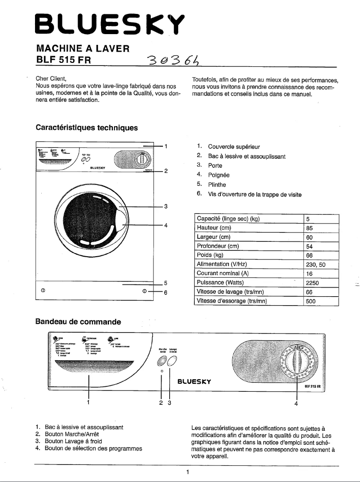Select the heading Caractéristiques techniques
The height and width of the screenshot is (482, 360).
pos(87,127)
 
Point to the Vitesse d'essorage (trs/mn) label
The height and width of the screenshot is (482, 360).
pos(233,301)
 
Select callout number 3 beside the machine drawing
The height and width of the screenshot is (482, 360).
pos(166,206)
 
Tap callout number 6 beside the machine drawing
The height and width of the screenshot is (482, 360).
pos(166,293)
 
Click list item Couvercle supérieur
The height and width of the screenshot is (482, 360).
pos(234,147)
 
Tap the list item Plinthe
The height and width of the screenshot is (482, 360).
pos(217,185)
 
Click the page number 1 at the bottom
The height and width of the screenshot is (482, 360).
pos(189,472)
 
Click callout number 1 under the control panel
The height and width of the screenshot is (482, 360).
pos(89,403)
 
